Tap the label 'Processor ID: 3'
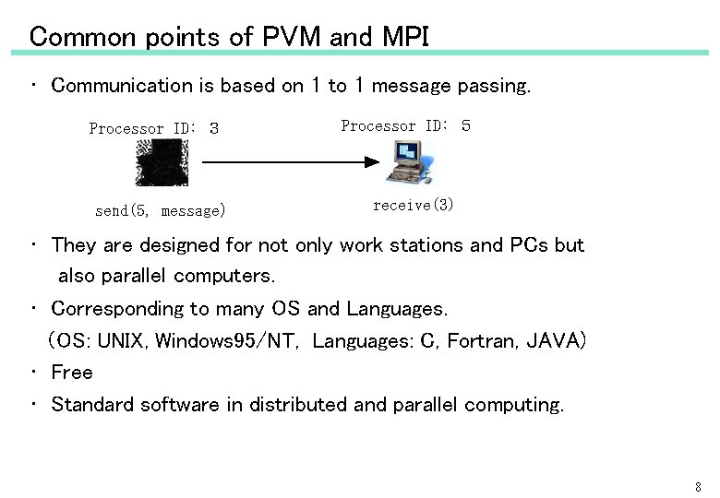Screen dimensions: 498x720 point(153,129)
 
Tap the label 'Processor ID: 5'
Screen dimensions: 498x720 point(405,125)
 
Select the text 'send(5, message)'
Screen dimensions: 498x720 point(160,211)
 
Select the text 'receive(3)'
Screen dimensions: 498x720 point(413,205)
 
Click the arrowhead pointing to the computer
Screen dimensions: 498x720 point(371,162)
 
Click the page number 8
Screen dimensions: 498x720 point(698,486)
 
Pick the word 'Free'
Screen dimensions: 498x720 point(72,373)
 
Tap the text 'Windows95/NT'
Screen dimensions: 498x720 point(225,341)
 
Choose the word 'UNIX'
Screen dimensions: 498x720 point(122,341)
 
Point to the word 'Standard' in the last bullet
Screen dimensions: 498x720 point(90,405)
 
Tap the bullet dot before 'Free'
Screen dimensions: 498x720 point(32,373)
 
